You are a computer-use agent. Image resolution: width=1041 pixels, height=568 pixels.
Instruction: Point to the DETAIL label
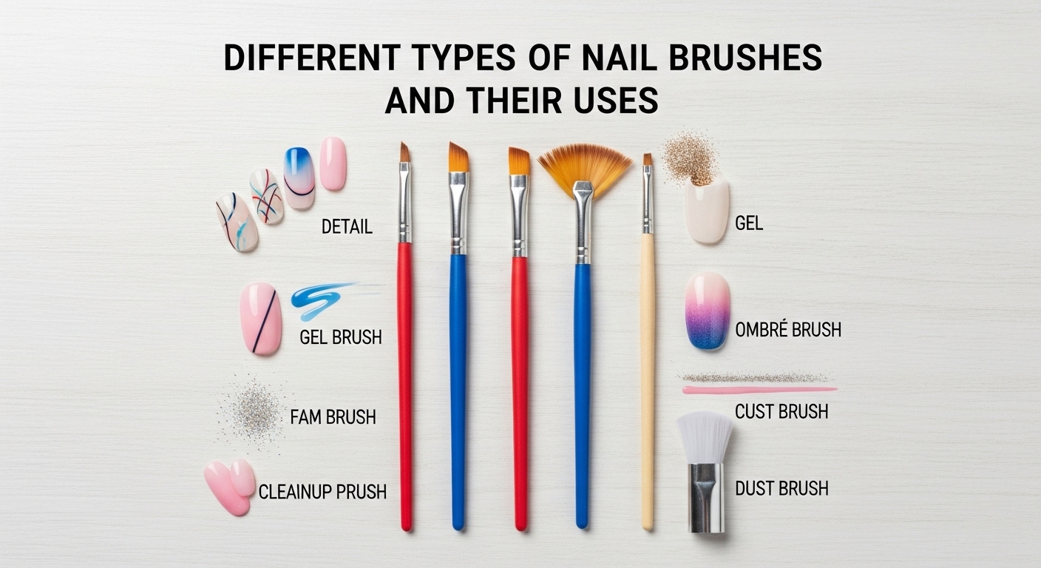pyautogui.click(x=347, y=227)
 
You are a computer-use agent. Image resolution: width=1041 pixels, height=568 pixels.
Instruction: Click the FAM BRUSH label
pyautogui.click(x=333, y=417)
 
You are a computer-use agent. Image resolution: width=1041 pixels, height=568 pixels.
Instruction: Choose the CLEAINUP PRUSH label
pyautogui.click(x=322, y=490)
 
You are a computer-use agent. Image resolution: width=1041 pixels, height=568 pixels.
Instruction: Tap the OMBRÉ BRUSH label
pyautogui.click(x=788, y=330)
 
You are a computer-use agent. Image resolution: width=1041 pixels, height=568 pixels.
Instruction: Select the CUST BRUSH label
pyautogui.click(x=781, y=411)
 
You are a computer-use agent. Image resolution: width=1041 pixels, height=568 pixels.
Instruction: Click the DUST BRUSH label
pyautogui.click(x=781, y=488)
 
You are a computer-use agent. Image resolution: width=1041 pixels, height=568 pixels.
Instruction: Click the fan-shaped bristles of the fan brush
pyautogui.click(x=584, y=166)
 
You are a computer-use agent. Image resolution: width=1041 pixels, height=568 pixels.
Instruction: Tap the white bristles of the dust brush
pyautogui.click(x=705, y=436)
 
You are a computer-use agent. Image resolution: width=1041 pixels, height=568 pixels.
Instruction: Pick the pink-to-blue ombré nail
pyautogui.click(x=708, y=311)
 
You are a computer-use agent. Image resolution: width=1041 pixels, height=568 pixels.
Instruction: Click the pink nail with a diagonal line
pyautogui.click(x=261, y=318)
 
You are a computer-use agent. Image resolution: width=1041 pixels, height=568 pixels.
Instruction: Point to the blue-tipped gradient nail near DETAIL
pyautogui.click(x=299, y=177)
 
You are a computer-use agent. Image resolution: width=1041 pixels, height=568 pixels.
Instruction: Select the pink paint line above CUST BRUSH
pyautogui.click(x=759, y=389)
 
